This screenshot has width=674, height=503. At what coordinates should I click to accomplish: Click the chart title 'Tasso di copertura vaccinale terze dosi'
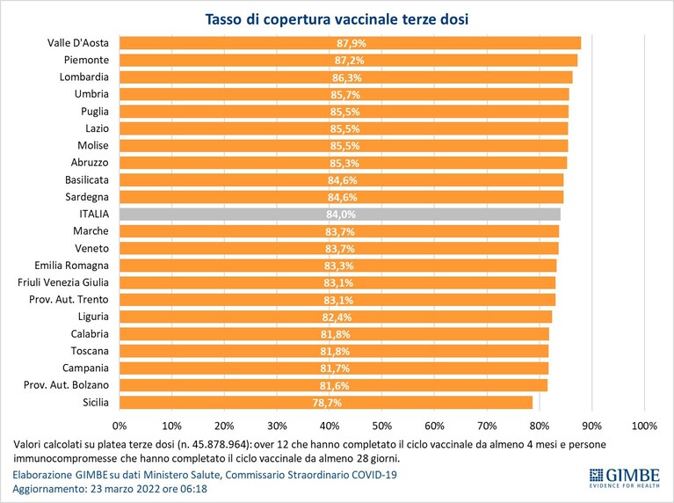(x=337, y=19)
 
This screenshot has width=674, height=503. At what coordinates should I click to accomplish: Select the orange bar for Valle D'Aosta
(x=350, y=43)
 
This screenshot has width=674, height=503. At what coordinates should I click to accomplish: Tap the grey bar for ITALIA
(x=339, y=215)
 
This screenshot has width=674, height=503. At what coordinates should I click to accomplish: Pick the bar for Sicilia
(x=326, y=403)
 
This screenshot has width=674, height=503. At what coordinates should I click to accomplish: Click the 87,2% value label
(x=350, y=61)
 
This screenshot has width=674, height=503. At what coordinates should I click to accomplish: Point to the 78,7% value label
(x=327, y=403)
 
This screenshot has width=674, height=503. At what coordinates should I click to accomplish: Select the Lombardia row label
(x=84, y=77)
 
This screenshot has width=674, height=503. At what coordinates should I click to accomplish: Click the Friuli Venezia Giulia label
(x=63, y=282)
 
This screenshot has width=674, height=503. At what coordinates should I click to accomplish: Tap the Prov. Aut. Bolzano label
(x=66, y=384)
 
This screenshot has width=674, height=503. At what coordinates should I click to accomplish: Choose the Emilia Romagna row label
(x=72, y=266)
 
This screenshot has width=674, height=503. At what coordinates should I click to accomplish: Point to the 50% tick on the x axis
(x=381, y=426)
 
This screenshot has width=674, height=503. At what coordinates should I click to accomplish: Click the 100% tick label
(x=644, y=426)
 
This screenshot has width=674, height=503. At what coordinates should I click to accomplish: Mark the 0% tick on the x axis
(x=120, y=426)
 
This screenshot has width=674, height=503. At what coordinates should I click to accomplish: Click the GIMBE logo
(x=624, y=477)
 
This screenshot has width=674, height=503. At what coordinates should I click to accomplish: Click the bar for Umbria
(x=344, y=94)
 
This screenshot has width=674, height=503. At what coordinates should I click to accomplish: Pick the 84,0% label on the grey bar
(x=341, y=215)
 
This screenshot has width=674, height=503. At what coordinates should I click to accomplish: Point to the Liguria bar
(x=336, y=317)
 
